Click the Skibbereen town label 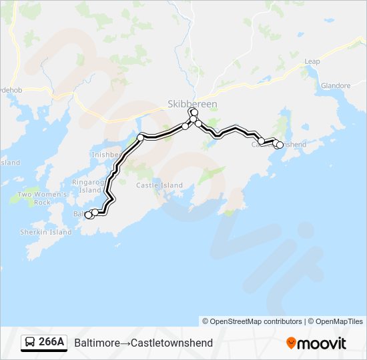[x=192, y=105]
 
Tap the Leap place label [x=312, y=61]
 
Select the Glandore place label [x=335, y=86]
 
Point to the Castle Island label [x=159, y=185]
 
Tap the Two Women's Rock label [x=34, y=198]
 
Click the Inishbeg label [x=105, y=155]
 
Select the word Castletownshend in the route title [x=172, y=343]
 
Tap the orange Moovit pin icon [x=291, y=343]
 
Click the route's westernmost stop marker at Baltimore [x=88, y=215]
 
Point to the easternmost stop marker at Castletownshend [x=280, y=144]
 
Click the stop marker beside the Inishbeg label [x=140, y=137]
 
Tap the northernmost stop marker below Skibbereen [x=192, y=111]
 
